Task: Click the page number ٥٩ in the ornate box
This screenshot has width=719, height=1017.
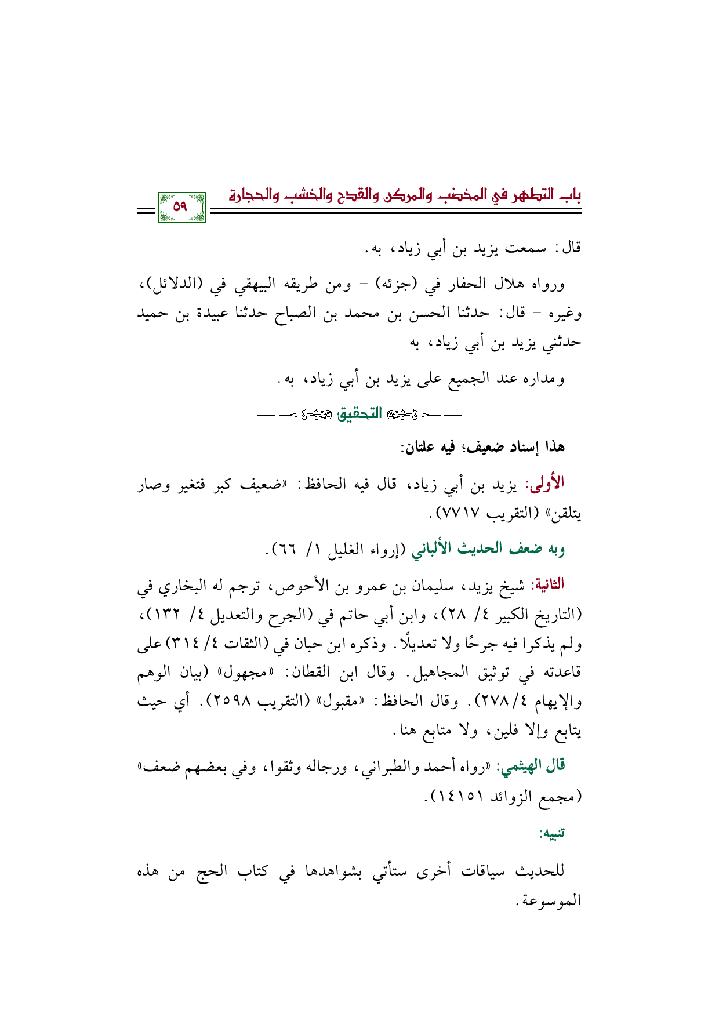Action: point(181,207)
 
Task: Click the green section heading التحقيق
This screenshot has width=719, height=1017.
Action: point(359,414)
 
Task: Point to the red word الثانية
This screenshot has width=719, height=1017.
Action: point(547,584)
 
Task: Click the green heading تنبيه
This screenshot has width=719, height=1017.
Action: point(552,834)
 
